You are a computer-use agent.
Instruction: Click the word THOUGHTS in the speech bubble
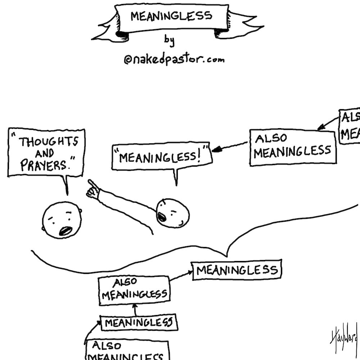coord(48,142)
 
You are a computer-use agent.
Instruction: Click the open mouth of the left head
coord(66,230)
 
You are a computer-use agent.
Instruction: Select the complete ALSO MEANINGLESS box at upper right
coord(293,148)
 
